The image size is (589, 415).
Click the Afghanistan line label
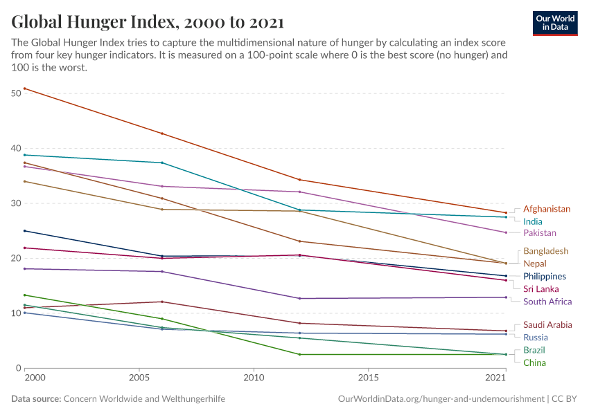click(x=547, y=209)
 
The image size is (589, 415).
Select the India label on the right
click(x=533, y=221)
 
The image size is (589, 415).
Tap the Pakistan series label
click(x=540, y=233)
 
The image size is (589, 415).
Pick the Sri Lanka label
click(x=540, y=289)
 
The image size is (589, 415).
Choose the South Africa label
click(x=547, y=302)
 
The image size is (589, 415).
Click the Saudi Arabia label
click(x=547, y=324)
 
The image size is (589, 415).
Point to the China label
click(x=534, y=363)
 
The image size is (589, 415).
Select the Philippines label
click(x=545, y=277)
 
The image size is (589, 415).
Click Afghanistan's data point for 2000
click(x=24, y=89)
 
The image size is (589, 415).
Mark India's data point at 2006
click(x=162, y=163)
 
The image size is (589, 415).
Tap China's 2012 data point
click(x=299, y=355)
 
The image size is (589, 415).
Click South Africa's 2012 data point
click(x=299, y=299)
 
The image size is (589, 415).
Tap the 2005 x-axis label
click(x=139, y=379)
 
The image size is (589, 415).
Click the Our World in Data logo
click(x=554, y=23)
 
